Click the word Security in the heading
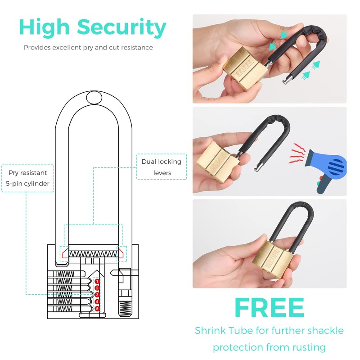point(122,28)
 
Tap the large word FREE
point(269,308)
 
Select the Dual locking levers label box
point(161,167)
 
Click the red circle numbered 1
point(97,281)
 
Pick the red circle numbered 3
point(97,295)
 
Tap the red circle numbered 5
point(97,308)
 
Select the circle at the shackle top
point(94,97)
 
